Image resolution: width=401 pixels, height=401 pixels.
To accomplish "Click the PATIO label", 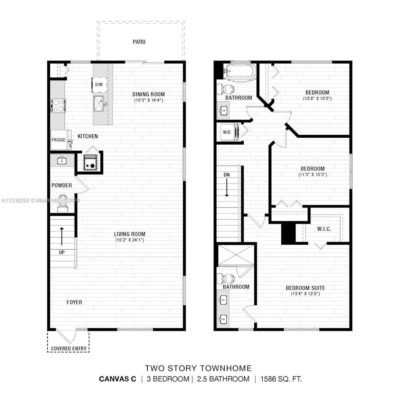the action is point(139,42).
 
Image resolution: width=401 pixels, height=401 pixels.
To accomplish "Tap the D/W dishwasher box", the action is point(99,85).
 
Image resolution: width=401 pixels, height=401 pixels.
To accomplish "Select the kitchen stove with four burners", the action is point(58,106).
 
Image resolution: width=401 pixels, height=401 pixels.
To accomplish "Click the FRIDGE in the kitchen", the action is point(59,140).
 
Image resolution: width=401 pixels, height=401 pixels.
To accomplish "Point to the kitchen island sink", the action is point(99,103).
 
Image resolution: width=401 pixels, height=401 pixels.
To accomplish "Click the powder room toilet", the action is point(62,203).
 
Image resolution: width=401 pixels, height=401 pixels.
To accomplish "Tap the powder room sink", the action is point(62,160).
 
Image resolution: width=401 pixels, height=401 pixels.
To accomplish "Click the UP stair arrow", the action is point(62,236).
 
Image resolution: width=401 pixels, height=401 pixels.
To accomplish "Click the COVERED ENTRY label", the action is point(69,349).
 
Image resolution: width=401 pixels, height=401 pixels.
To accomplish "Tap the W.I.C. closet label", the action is point(324,229).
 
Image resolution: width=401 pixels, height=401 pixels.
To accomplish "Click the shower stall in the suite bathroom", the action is point(236,256).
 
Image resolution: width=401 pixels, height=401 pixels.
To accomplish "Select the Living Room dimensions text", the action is point(130,240).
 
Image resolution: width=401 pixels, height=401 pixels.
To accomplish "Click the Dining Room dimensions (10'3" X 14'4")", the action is point(149,100).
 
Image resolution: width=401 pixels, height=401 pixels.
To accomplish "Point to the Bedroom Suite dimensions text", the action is point(305,294).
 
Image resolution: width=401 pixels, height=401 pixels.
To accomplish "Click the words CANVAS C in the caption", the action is point(118,379).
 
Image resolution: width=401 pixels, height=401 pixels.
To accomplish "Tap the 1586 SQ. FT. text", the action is point(281,379).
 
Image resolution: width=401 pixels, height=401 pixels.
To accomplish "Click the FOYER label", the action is point(74,302).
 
